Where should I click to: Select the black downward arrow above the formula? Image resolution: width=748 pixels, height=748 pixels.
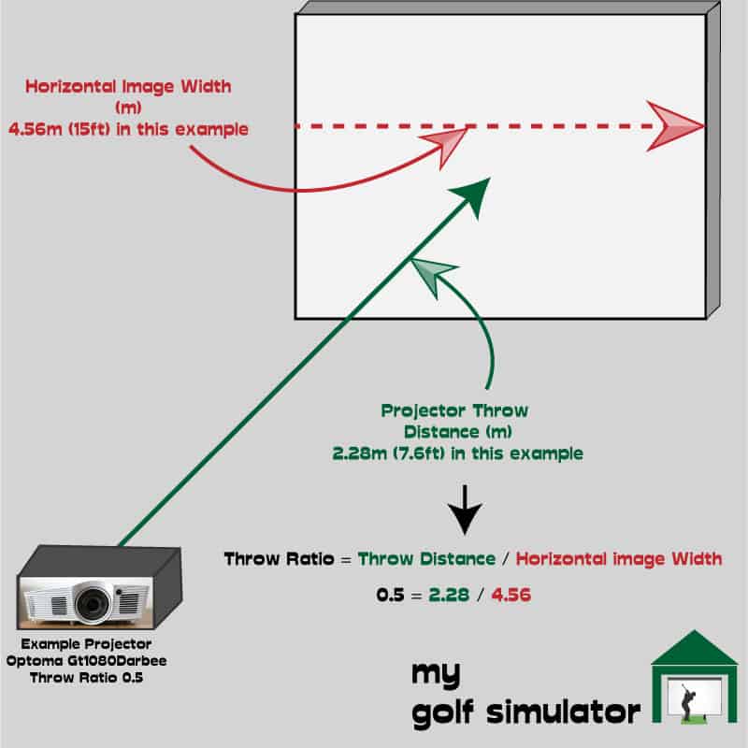(465, 510)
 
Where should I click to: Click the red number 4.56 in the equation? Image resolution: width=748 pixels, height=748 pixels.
(511, 595)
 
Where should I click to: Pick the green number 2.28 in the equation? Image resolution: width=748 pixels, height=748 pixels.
(449, 595)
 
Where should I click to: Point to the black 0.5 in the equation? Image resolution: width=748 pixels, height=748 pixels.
(390, 595)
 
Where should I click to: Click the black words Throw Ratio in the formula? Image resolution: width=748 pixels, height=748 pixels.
(279, 558)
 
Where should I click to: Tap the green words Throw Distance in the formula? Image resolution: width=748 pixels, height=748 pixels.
(427, 558)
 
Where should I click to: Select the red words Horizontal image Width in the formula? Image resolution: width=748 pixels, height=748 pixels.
(619, 558)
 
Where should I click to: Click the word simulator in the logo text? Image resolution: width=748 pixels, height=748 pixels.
(564, 712)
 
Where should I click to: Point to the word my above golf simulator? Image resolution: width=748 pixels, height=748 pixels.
(436, 674)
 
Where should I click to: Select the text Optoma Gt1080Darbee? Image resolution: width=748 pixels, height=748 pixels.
(86, 661)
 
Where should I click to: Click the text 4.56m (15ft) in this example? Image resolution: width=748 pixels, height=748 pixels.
(128, 129)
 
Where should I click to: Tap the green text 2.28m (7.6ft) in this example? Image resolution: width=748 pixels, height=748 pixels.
(457, 453)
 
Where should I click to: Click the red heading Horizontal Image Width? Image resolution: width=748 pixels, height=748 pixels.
(128, 86)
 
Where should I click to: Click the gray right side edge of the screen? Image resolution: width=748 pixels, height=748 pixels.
(713, 160)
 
